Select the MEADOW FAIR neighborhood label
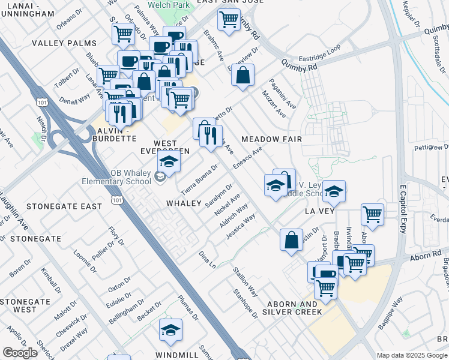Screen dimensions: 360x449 271,139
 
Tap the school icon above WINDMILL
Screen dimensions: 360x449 170,331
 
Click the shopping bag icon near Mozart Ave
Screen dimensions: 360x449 243,76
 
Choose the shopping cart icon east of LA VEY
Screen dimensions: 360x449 373,214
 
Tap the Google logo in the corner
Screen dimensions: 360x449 20,352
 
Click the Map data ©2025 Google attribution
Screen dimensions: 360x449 411,355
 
